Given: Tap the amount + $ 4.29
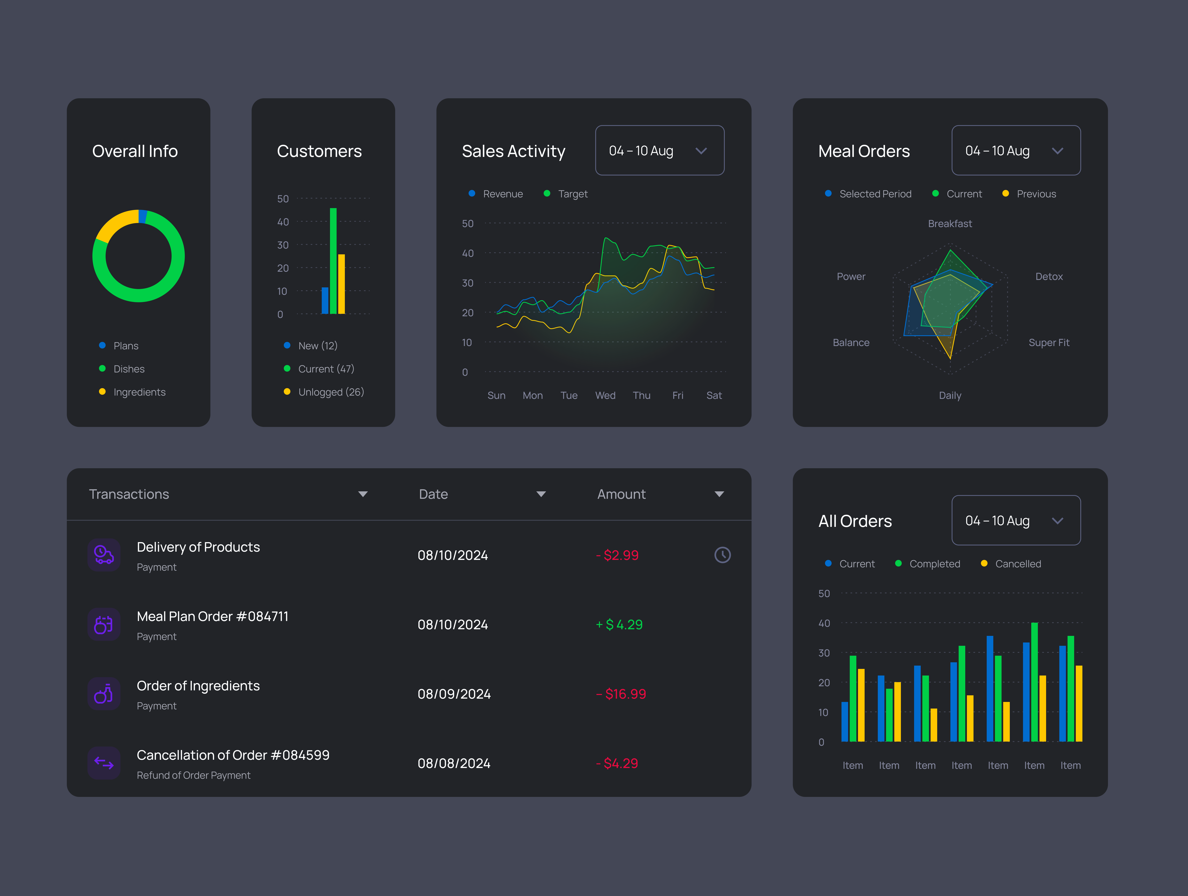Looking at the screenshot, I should pyautogui.click(x=619, y=625).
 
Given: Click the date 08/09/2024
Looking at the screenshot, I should pyautogui.click(x=454, y=694).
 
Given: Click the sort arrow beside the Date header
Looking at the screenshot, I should pyautogui.click(x=541, y=494).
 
